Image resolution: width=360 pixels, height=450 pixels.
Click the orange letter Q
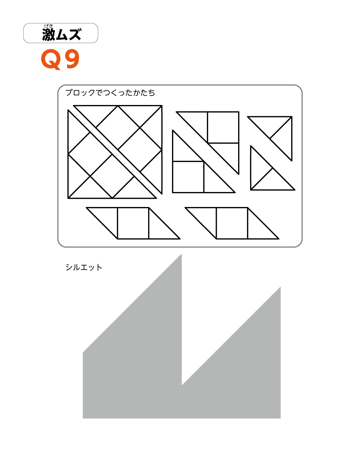[x=51, y=59]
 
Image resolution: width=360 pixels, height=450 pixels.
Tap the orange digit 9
[x=72, y=59]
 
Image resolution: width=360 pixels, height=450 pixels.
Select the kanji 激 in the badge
[x=48, y=34]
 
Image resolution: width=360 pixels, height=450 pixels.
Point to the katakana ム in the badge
[x=62, y=34]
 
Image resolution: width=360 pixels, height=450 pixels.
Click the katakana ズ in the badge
[x=75, y=34]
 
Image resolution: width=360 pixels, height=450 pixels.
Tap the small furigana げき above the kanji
[x=48, y=26]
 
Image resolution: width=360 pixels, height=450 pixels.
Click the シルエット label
[x=84, y=267]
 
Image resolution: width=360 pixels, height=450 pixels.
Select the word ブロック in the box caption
[x=80, y=93]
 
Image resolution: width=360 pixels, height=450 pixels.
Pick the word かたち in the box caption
[x=144, y=93]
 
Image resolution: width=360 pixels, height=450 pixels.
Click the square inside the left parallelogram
[x=133, y=223]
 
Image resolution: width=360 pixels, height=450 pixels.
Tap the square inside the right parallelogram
[x=232, y=223]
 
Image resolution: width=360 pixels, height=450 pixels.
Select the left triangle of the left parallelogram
[x=107, y=217]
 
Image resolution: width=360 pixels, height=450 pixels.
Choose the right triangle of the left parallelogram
[x=159, y=228]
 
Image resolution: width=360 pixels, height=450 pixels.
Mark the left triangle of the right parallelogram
[x=206, y=217]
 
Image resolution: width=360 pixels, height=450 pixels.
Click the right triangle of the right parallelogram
[x=258, y=228]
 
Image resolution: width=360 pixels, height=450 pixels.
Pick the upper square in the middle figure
[x=223, y=127]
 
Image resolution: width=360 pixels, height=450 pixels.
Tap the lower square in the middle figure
[x=188, y=177]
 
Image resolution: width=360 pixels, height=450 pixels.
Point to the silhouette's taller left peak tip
[x=181, y=254]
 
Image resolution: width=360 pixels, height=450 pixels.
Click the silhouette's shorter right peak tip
[x=280, y=287]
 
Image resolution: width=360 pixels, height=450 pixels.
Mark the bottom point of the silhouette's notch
[x=182, y=385]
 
